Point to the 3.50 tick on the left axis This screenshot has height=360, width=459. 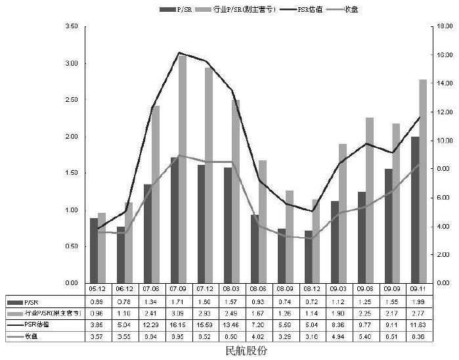(x=72, y=26)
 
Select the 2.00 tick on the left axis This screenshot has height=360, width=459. (x=72, y=137)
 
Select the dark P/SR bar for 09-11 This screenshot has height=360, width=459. (x=415, y=210)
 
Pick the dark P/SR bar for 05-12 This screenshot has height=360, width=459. (x=94, y=250)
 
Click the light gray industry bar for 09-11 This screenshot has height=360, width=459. (x=423, y=181)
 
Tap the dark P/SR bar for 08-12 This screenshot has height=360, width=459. (x=308, y=257)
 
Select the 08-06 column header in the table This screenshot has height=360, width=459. (x=258, y=288)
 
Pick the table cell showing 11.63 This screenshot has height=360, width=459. (x=418, y=325)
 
